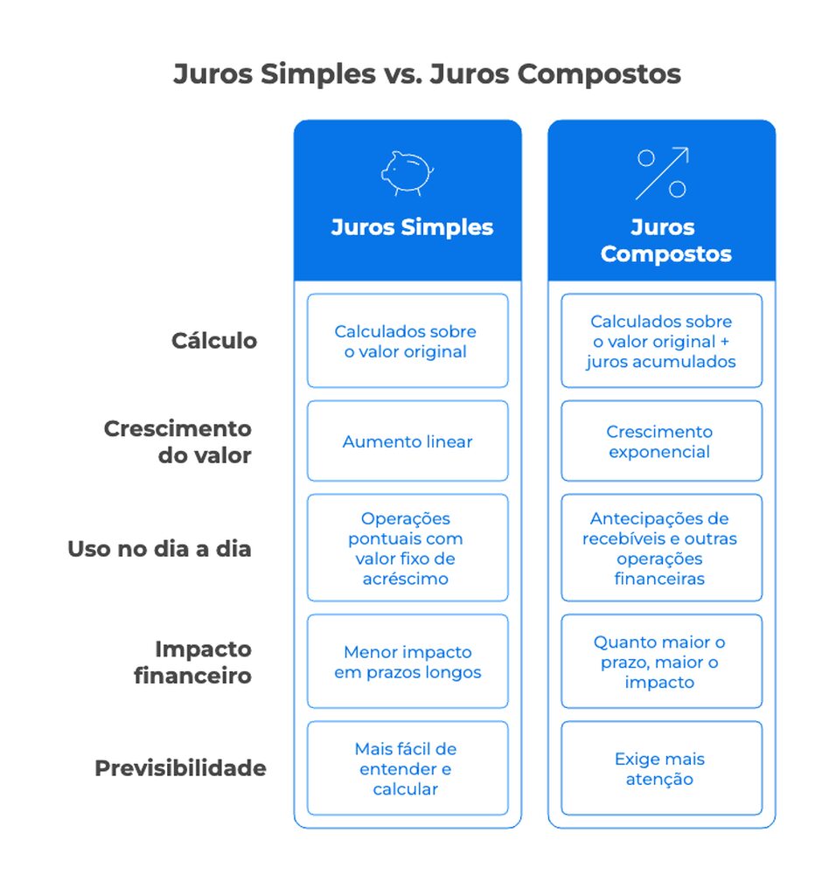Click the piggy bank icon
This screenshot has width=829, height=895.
pos(408,172)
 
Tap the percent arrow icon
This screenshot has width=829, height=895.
pos(662,172)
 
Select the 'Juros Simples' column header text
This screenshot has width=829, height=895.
pos(412,228)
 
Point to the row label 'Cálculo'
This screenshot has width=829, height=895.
pos(214,341)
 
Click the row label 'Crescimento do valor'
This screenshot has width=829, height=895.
pos(178,442)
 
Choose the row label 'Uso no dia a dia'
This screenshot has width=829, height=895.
pos(159,550)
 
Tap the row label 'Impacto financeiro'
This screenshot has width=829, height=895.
pos(192,663)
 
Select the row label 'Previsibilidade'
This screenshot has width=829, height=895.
pos(180,769)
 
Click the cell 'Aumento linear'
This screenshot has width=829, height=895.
pos(408,442)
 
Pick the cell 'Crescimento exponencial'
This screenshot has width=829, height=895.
pos(661,442)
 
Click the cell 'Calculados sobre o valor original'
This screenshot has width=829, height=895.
pos(408,342)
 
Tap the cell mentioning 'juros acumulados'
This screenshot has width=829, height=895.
pos(661,342)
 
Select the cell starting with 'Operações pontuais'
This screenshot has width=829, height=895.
pos(408,549)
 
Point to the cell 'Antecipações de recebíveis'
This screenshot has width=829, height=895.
pos(661,549)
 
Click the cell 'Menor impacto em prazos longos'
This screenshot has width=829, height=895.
pos(408,663)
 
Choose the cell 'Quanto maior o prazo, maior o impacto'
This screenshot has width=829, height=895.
pos(661,663)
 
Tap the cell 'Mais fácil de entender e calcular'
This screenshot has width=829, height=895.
pos(408,769)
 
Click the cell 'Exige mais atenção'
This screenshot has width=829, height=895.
pos(661,769)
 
